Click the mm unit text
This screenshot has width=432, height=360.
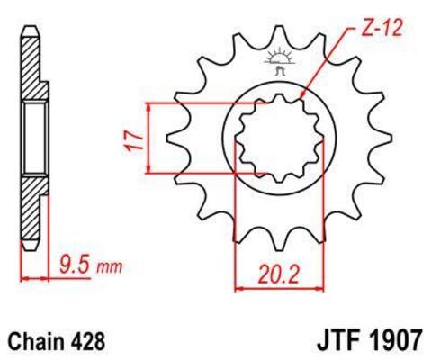tap(109, 267)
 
